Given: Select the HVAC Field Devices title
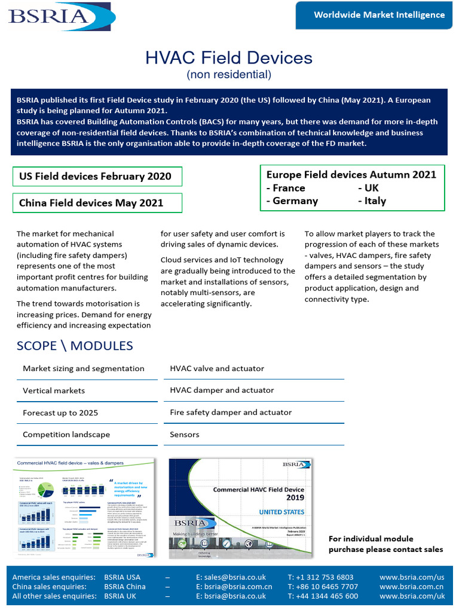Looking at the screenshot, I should [229, 57].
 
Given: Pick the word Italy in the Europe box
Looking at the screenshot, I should [375, 201].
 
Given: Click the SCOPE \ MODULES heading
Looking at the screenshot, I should [75, 346].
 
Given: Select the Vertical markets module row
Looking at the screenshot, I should [54, 390].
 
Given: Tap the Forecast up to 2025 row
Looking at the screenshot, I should [60, 412].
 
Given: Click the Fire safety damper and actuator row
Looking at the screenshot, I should [231, 412].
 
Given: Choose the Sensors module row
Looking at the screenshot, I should [185, 435].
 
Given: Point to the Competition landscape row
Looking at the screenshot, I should [66, 435].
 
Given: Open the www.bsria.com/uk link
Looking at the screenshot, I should [412, 596].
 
